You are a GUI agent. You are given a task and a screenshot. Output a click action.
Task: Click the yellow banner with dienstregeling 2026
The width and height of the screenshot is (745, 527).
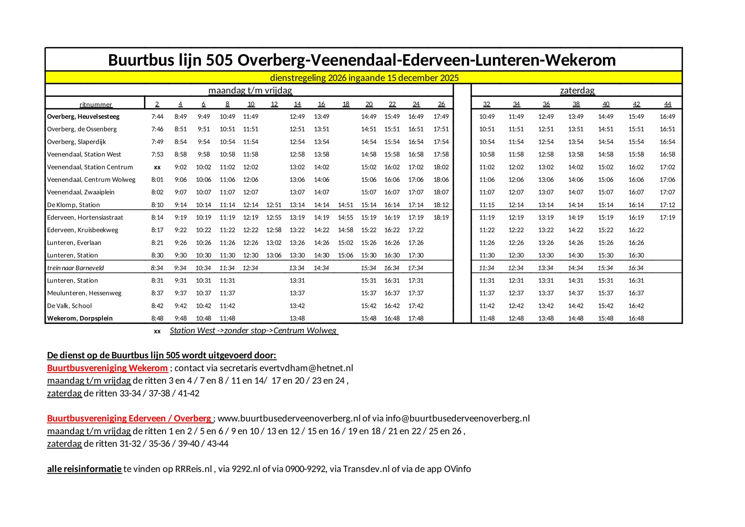click(364, 78)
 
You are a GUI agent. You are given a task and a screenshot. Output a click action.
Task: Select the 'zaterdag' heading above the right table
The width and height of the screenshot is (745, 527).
click(577, 90)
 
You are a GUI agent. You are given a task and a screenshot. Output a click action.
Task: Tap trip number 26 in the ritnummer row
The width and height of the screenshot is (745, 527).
click(441, 104)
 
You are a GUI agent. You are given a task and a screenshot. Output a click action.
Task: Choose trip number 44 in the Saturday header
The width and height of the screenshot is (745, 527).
click(668, 104)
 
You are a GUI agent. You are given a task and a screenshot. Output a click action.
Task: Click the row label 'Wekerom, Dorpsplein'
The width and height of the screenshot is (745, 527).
click(80, 318)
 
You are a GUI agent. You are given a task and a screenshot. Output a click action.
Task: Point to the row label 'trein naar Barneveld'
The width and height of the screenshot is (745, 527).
click(75, 268)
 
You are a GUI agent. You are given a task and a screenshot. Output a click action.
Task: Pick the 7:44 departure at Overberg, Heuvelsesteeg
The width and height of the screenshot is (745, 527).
click(157, 116)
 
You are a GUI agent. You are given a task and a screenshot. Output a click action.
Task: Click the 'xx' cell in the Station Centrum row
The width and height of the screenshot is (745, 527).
click(157, 167)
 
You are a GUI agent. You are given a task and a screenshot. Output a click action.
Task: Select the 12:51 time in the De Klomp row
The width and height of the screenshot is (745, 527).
click(274, 205)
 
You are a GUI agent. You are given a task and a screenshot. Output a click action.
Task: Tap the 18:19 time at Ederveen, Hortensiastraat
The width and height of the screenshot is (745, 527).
click(441, 217)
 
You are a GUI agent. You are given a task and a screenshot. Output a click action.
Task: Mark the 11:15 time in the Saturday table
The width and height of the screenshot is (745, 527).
click(487, 205)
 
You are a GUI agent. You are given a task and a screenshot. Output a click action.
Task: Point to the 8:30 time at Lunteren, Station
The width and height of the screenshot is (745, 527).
click(157, 255)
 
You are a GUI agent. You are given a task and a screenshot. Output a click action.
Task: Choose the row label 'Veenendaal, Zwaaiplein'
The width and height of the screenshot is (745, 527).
click(81, 192)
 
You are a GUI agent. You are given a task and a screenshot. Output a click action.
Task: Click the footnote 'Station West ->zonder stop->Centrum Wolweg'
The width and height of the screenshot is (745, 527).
click(254, 331)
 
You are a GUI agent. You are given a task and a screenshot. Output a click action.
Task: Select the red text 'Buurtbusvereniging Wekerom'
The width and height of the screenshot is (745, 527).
click(107, 368)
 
